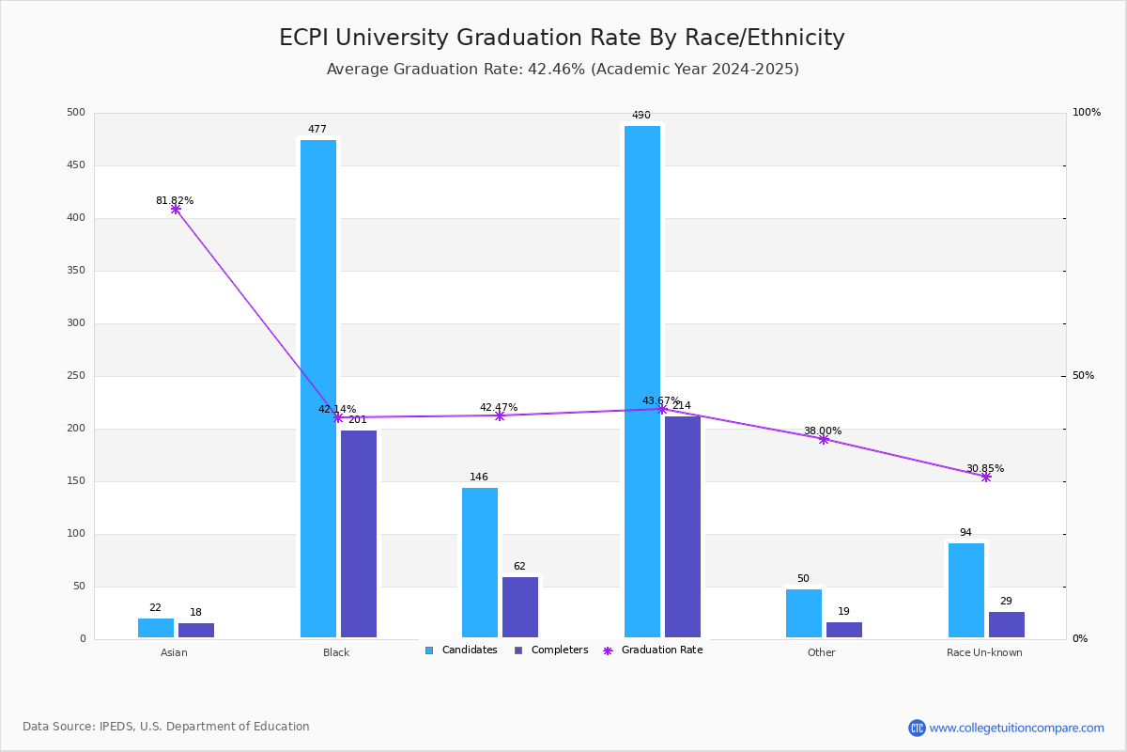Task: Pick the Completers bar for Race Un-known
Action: (1006, 624)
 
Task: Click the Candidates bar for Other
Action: (804, 613)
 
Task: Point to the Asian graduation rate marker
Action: (176, 209)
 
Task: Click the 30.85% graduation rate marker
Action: (986, 477)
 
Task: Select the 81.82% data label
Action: (175, 200)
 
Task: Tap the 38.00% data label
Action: (823, 431)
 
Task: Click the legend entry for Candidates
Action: (461, 650)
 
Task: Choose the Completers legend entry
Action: (551, 650)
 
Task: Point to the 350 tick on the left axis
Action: (76, 271)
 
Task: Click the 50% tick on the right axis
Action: (1083, 376)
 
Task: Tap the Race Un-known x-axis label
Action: (984, 652)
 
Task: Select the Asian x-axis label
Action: (174, 652)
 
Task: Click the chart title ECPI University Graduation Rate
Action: (562, 38)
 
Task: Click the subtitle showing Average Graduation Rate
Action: (563, 70)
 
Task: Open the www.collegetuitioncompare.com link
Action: (1016, 728)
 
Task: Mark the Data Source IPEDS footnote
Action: (166, 727)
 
